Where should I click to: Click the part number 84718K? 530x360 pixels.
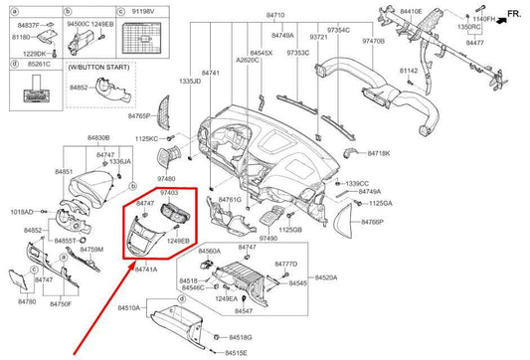[378, 154]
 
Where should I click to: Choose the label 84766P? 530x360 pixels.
[372, 222]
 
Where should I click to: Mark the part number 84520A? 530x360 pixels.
[326, 276]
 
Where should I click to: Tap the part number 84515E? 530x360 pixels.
[237, 352]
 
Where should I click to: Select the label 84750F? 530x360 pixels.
[62, 303]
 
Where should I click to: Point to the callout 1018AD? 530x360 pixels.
[22, 212]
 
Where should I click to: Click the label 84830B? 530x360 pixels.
[98, 137]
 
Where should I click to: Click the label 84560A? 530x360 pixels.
[209, 252]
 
